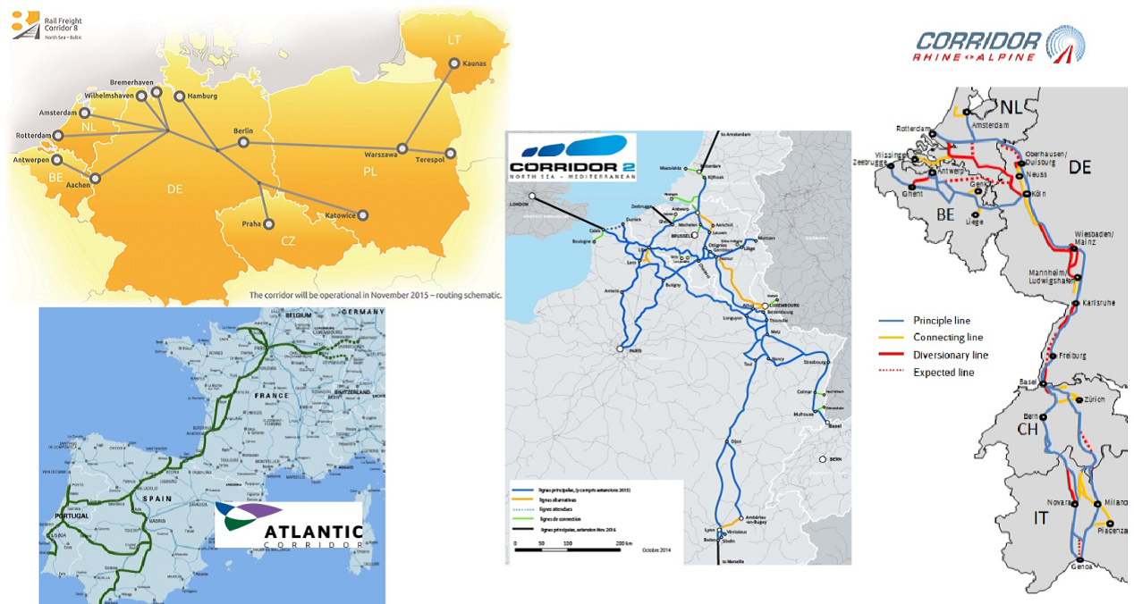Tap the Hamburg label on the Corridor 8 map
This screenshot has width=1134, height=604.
pyautogui.click(x=203, y=96)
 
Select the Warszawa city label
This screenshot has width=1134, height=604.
pyautogui.click(x=380, y=155)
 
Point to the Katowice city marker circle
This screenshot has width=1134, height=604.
pyautogui.click(x=363, y=215)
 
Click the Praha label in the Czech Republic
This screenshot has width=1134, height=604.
pyautogui.click(x=250, y=223)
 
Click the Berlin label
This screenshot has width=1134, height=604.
pyautogui.click(x=243, y=130)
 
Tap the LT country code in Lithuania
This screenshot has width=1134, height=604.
pyautogui.click(x=455, y=39)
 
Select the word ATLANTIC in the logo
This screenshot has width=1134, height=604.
pyautogui.click(x=313, y=532)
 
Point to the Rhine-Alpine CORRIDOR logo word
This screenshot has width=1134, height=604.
pyautogui.click(x=978, y=40)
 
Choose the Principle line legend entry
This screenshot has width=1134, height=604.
pyautogui.click(x=941, y=320)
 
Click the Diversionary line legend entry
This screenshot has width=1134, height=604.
pyautogui.click(x=951, y=355)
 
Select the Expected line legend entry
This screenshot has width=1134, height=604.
pyautogui.click(x=944, y=372)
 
